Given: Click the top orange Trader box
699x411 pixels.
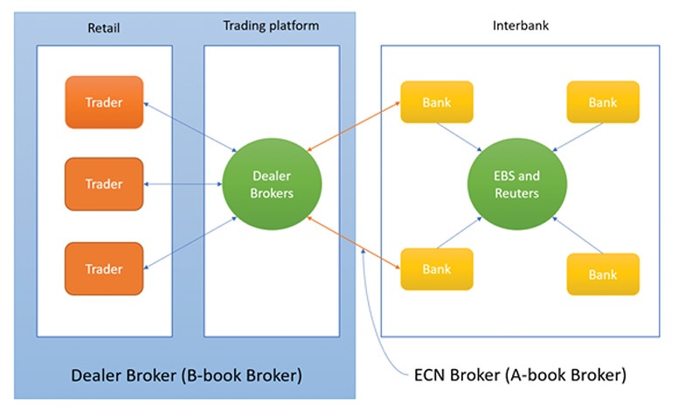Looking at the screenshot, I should [x=104, y=102].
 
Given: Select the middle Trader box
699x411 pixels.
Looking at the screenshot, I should [x=104, y=184].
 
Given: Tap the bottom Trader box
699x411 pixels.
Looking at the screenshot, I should [x=104, y=268].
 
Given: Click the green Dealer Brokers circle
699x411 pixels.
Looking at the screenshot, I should [x=271, y=184].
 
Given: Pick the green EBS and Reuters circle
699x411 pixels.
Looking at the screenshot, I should [x=516, y=184].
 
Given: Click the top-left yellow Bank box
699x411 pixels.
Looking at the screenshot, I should [x=435, y=102].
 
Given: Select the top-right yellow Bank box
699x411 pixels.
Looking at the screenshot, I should [x=602, y=102].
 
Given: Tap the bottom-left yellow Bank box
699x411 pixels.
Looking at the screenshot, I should [x=435, y=268].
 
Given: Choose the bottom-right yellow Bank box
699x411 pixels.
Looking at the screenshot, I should [x=602, y=274].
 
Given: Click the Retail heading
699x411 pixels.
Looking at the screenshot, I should [x=103, y=28].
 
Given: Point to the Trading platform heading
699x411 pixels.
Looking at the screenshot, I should [x=271, y=26].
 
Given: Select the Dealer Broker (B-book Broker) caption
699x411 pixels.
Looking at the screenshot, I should [x=186, y=376].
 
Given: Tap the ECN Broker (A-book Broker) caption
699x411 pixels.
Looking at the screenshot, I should [x=519, y=376].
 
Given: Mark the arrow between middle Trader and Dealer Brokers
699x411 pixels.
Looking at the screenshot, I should [x=183, y=184].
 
